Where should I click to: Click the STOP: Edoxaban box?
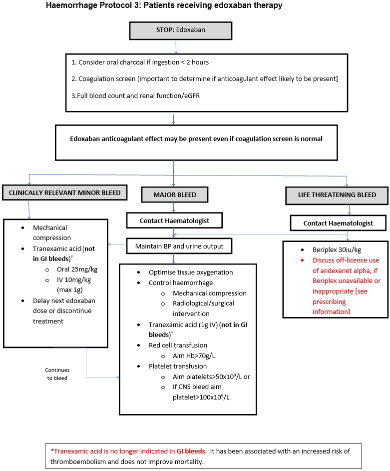(181, 30)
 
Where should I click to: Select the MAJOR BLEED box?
(175, 194)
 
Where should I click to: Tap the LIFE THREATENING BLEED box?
(337, 195)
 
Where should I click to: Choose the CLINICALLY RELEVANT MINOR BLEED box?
(64, 193)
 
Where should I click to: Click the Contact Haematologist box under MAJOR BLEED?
(174, 220)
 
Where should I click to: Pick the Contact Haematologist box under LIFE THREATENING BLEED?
(338, 223)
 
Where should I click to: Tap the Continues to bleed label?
(57, 374)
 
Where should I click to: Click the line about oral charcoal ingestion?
(140, 62)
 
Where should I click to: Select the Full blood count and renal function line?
(135, 95)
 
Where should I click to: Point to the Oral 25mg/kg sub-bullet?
(77, 269)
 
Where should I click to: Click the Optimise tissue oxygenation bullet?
(191, 272)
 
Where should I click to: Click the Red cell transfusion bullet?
(178, 345)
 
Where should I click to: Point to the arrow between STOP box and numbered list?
(176, 47)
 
